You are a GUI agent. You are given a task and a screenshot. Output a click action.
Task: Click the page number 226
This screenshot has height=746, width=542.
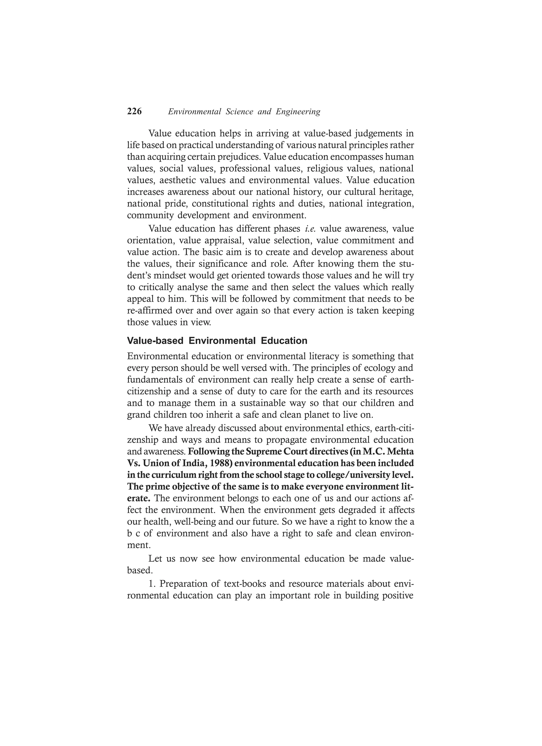[x=134, y=111]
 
